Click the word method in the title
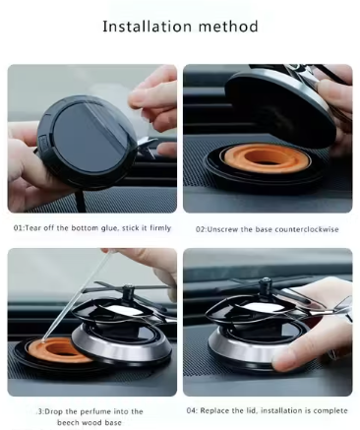(227, 27)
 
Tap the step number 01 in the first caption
(19, 228)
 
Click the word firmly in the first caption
(157, 228)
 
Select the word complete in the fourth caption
(322, 411)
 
